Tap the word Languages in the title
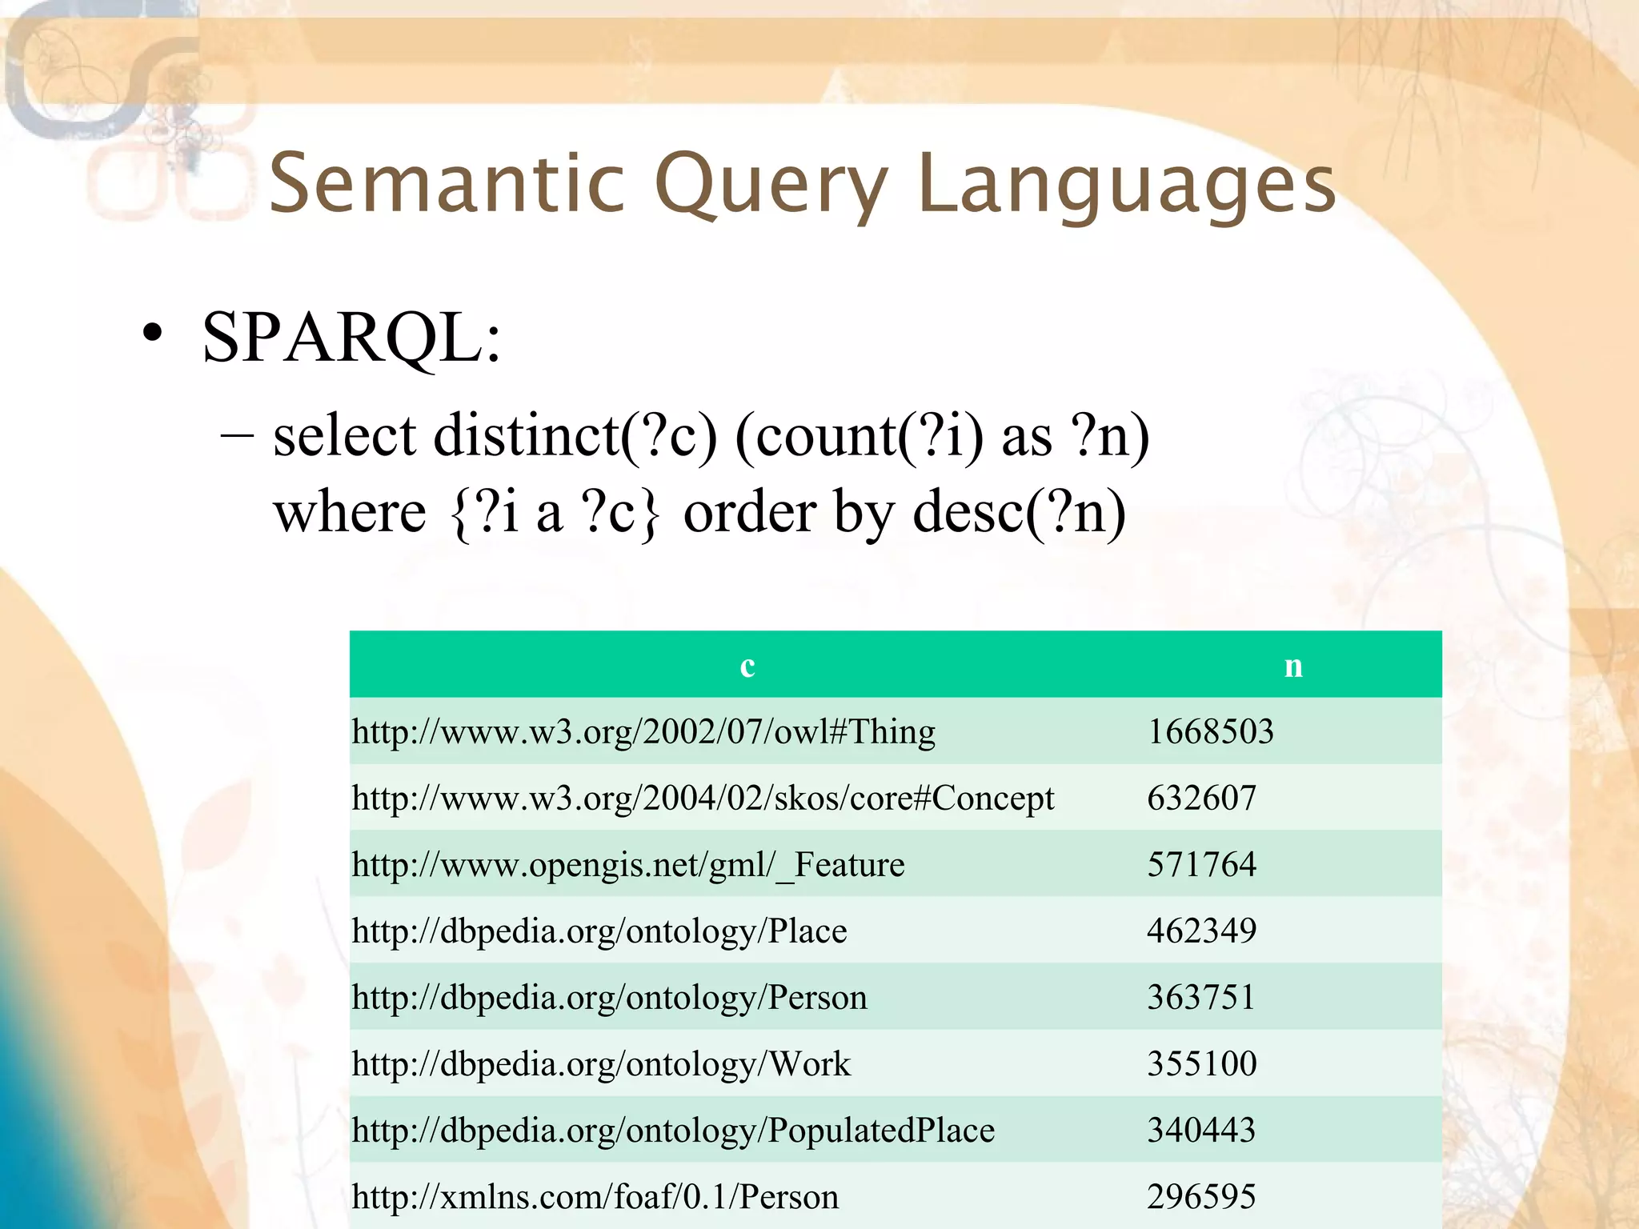coord(1127,186)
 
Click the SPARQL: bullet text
coord(351,338)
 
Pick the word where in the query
coord(350,512)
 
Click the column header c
coord(747,665)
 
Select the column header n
coord(1293,665)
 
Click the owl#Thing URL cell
coord(643,731)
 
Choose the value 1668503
coord(1210,731)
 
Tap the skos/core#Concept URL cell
coord(703,798)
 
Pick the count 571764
coord(1201,864)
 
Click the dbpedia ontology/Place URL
coord(599,931)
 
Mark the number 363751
coord(1201,997)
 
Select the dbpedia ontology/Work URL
coord(601,1063)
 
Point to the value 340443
coord(1201,1130)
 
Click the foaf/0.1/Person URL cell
coord(595,1196)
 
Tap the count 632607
coord(1201,798)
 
